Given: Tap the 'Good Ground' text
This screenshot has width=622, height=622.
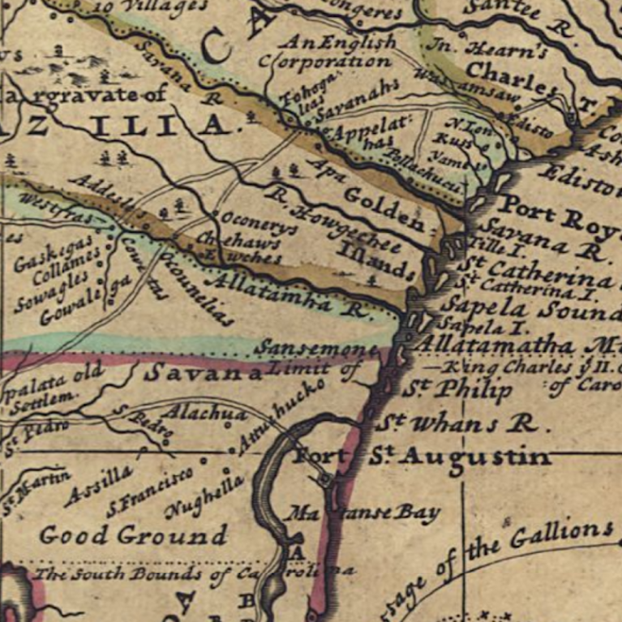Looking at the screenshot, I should [134, 535].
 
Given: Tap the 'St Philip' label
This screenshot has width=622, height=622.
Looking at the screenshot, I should [458, 390].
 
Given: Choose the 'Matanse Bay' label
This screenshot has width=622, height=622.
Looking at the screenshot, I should [365, 513].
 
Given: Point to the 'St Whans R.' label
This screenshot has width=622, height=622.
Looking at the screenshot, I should [462, 423].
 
